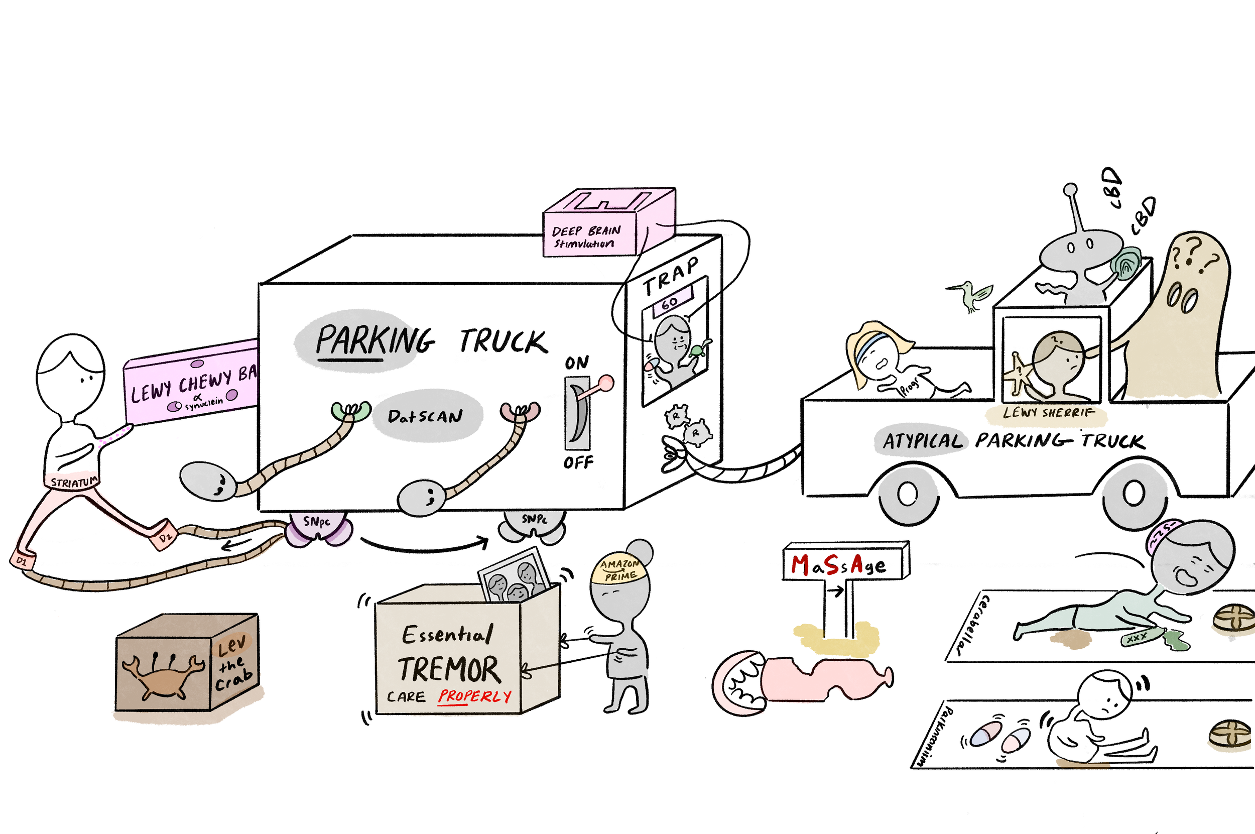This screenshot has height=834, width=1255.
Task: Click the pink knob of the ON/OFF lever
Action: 606,383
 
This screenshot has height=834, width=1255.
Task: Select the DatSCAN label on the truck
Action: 425,416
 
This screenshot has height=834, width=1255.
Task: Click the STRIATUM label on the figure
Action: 74,483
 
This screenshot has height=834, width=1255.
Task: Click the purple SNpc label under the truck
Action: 317,522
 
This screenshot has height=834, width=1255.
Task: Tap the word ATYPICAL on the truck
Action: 923,441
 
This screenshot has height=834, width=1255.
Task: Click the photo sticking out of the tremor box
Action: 515,577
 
